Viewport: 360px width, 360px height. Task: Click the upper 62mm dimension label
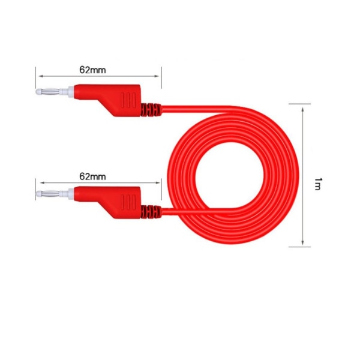[92, 70]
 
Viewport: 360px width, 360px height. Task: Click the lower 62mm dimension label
[92, 176]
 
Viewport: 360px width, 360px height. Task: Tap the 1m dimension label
[317, 184]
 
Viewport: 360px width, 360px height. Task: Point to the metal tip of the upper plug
[48, 92]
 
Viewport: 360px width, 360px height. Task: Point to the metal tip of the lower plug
[48, 194]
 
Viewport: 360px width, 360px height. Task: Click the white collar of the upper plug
[68, 92]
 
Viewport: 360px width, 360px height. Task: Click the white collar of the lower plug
[68, 194]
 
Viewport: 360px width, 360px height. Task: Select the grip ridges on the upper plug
[128, 100]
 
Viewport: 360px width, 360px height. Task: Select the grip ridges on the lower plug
[128, 202]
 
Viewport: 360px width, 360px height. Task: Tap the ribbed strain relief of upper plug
[151, 110]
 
